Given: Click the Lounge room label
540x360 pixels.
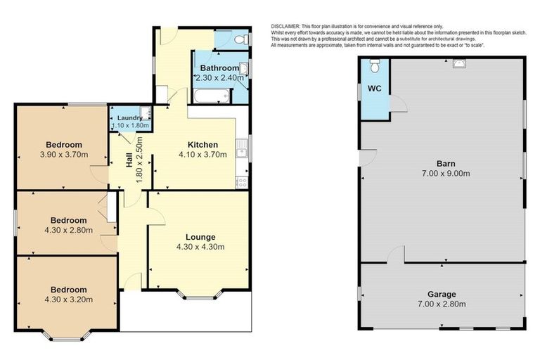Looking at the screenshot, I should [x=200, y=237].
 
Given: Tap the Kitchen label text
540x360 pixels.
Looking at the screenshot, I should [x=202, y=145].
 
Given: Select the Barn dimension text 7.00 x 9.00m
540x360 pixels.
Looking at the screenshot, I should [x=446, y=173].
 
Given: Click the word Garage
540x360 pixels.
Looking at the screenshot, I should [x=442, y=294].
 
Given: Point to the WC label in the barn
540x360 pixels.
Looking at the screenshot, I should [x=373, y=89].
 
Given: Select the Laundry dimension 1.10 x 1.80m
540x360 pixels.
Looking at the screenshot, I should [x=131, y=126].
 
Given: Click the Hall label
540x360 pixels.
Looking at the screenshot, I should [x=129, y=160].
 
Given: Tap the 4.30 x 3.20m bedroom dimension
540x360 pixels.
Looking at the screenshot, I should [x=68, y=300].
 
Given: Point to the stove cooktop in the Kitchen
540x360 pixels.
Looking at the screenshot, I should [x=241, y=181].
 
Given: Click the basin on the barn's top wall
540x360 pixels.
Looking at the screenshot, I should [x=458, y=63].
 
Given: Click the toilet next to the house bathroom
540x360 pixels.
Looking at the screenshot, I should [x=239, y=39].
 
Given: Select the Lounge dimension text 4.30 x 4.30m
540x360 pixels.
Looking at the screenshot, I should [x=200, y=247].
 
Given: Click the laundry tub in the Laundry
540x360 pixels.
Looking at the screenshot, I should [x=145, y=112].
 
